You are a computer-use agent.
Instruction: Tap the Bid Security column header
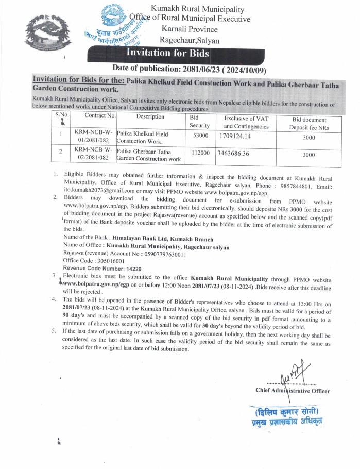point(199,121)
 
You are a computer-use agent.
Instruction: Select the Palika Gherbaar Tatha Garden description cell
point(148,155)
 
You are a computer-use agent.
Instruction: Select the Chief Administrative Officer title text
point(292,390)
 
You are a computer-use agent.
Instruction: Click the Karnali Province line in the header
point(189,29)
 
